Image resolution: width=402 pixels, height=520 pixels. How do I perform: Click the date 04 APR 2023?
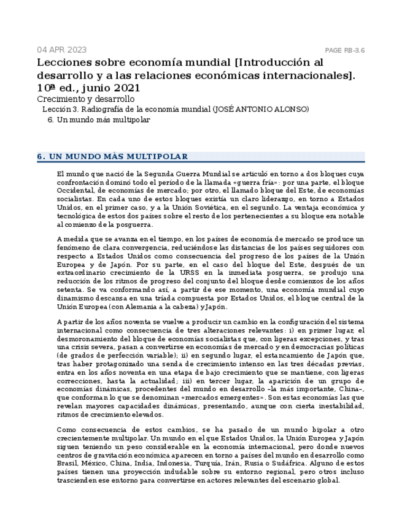point(61,50)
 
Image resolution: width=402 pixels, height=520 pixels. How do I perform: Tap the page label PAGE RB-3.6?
point(344,50)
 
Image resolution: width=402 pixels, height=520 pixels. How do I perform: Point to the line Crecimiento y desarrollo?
point(85,99)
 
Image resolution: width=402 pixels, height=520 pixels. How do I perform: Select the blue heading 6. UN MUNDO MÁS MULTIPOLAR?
point(112,156)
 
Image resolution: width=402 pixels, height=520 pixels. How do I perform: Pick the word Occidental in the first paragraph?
point(75,191)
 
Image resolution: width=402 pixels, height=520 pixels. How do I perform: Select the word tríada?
point(183,298)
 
